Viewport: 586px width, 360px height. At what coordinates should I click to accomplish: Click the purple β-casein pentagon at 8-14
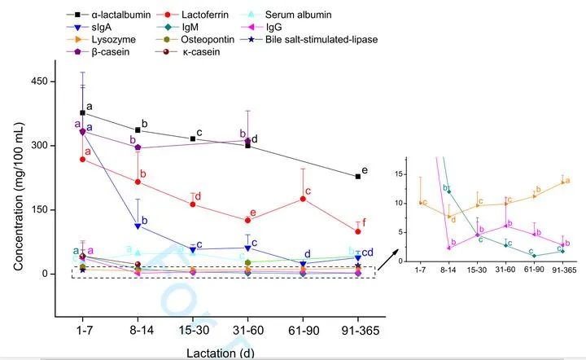coord(138,147)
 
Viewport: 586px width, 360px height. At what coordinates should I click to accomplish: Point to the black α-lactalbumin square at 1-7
coord(82,113)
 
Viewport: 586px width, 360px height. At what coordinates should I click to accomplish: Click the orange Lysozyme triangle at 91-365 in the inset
coord(562,182)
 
